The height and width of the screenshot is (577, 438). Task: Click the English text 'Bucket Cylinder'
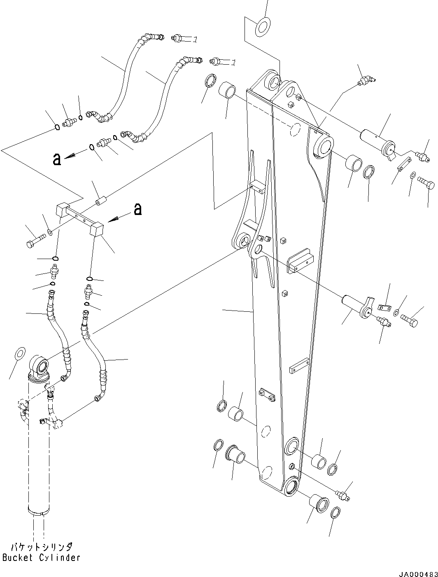(41, 558)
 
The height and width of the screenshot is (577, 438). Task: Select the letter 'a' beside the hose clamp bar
(137, 209)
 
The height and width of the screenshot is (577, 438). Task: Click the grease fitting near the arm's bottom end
(342, 495)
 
